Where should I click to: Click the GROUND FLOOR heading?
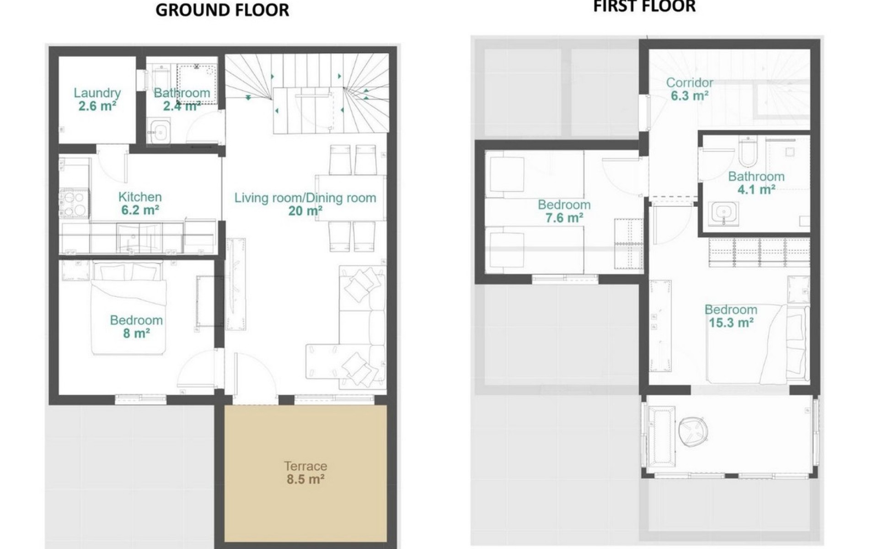[222, 10]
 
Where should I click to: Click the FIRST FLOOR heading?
[644, 6]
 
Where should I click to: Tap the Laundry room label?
[97, 93]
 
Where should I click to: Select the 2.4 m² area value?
[182, 106]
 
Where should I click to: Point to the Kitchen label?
[140, 197]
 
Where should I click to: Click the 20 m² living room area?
[305, 211]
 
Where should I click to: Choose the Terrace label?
[305, 466]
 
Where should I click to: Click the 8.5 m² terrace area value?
[305, 479]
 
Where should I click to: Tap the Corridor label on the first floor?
[690, 83]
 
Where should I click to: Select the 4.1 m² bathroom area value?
[756, 189]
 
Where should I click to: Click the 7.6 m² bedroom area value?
[564, 218]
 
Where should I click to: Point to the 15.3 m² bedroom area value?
[731, 323]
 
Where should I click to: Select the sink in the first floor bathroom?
[725, 213]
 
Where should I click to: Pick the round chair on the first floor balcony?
[694, 431]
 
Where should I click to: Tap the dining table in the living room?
[350, 198]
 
